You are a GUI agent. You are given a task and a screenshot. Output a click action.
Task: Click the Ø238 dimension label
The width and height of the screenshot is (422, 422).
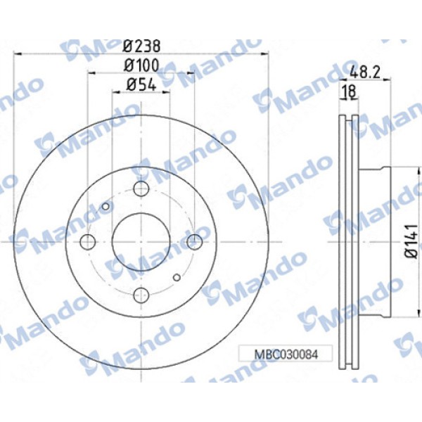141,46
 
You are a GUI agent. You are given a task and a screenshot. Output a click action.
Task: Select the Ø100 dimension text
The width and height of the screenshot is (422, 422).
141,65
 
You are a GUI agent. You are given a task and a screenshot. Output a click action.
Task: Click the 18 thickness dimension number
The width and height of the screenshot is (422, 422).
347,90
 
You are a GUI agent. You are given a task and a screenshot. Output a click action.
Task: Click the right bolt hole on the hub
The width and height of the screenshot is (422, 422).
194,241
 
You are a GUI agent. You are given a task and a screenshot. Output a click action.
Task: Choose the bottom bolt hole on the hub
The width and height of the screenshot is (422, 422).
141,295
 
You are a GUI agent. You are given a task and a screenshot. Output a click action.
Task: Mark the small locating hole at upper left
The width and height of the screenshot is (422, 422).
106,206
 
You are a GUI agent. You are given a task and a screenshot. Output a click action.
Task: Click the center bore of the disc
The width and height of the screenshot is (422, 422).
141,241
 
